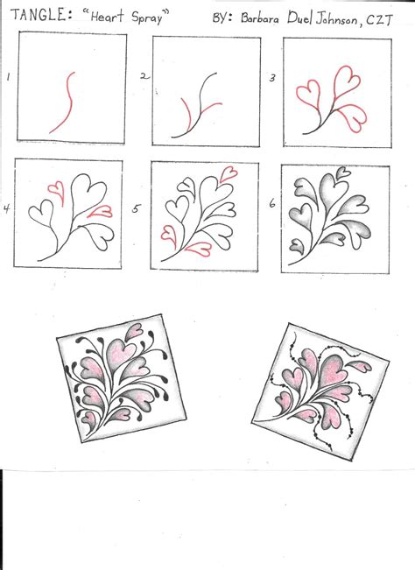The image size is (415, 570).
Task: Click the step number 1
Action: click(x=9, y=78)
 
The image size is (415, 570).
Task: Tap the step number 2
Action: click(x=144, y=77)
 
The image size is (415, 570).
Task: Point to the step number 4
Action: click(x=7, y=208)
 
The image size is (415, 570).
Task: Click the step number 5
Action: click(x=137, y=209)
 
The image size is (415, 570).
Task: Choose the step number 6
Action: click(x=272, y=204)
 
